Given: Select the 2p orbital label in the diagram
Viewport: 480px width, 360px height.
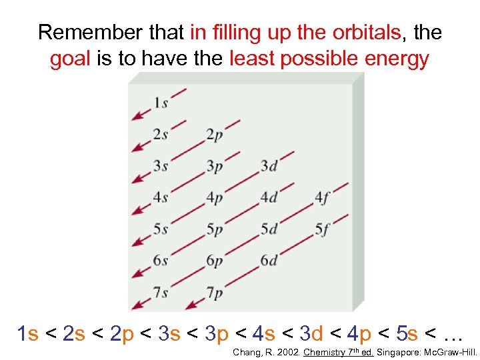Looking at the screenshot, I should coord(215,135).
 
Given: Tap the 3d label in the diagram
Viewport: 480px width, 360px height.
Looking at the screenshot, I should coord(269,166).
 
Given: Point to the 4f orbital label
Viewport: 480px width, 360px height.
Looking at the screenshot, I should coord(323,197).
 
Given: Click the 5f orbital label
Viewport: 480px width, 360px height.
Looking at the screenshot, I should coord(323,229).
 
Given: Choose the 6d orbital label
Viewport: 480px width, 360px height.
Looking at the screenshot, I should coord(269,261).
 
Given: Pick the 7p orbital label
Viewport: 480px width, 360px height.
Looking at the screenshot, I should coord(215,293).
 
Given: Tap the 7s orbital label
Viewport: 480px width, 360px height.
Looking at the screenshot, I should coord(161,293).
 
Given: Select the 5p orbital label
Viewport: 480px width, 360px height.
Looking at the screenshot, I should coord(215,229).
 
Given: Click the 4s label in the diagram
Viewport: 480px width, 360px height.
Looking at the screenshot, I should coord(161,197).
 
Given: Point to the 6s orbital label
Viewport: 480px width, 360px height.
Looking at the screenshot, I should coord(161,261).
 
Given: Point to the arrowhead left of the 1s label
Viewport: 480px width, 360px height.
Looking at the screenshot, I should coord(137,117).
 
